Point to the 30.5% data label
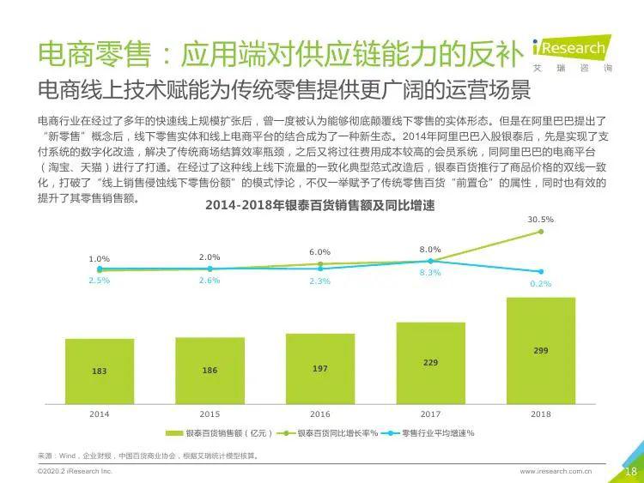[x=540, y=220]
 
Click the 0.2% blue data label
[x=540, y=283]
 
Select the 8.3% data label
[x=430, y=273]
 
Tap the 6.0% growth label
[x=319, y=252]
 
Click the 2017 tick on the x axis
[x=430, y=414]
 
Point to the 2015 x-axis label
[x=210, y=414]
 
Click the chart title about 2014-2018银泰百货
[x=319, y=205]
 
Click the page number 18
[x=630, y=471]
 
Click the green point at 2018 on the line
[x=540, y=232]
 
